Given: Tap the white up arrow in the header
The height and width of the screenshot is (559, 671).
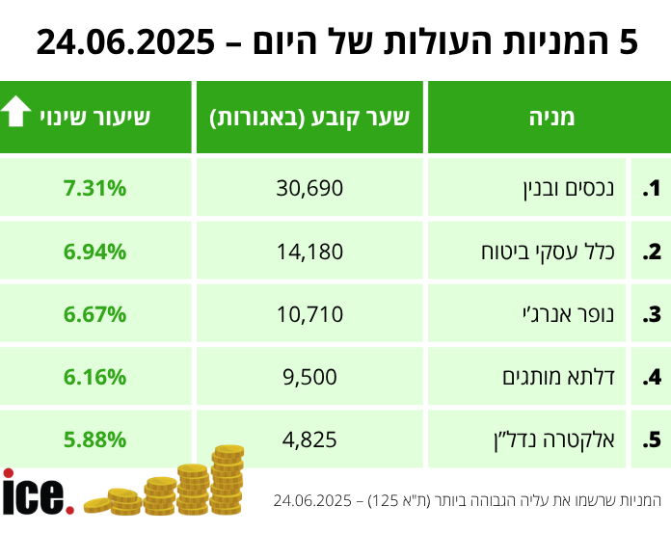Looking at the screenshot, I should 17,115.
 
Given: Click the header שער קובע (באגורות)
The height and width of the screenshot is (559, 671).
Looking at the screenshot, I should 309,118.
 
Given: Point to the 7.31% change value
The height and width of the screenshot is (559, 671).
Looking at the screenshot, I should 94,189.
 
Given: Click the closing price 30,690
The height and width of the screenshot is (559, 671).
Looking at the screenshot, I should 309,189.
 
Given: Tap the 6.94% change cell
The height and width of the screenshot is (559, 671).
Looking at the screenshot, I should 94,253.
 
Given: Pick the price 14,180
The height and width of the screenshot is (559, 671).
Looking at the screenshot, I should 309,253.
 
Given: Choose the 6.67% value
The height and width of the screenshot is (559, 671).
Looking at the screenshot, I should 94,314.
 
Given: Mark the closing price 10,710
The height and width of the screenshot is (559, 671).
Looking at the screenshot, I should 309,314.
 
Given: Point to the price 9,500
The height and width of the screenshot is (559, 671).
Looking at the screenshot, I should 309,377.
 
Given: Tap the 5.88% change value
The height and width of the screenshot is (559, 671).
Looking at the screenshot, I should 94,439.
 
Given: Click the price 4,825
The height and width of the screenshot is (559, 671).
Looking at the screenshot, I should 309,439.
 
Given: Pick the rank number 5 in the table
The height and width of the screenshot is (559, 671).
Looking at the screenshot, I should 654,439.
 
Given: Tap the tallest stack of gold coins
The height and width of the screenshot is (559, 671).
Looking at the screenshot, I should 228,478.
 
